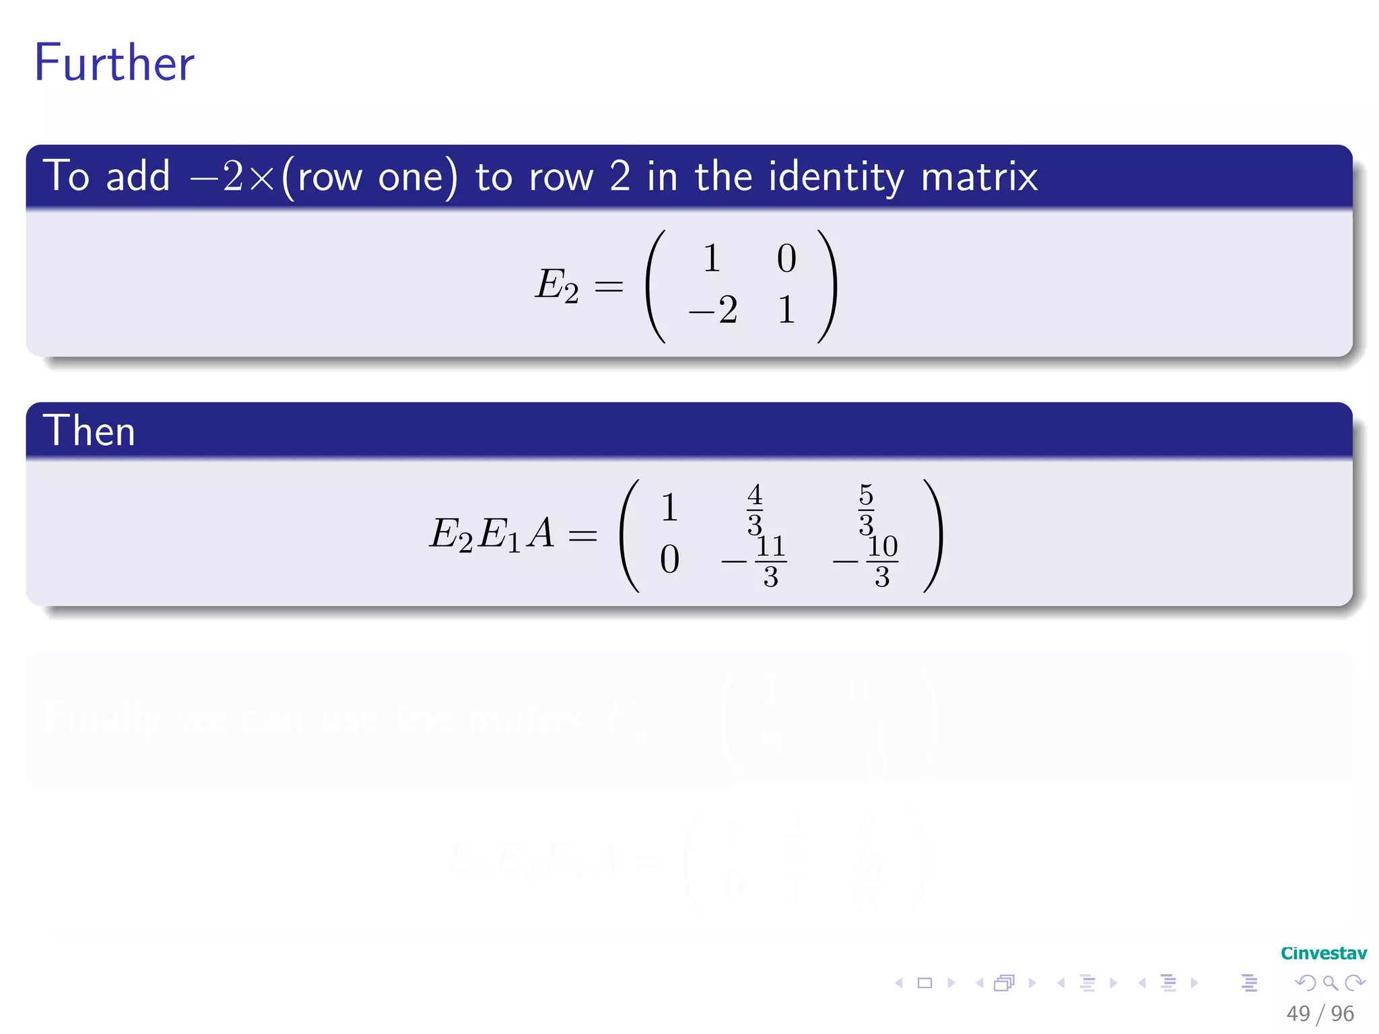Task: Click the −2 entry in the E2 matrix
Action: pos(713,310)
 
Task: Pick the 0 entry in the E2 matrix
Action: pos(786,258)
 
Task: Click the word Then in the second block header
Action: pos(89,431)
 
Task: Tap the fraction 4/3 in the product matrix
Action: pos(755,509)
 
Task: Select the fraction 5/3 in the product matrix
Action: pos(866,509)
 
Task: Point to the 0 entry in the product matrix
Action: pos(669,559)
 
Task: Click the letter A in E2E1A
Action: pos(541,534)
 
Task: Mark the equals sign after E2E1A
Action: pos(582,537)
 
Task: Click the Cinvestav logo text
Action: pos(1323,953)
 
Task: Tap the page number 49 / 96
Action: pos(1320,1013)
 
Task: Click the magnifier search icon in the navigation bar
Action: pos(1330,983)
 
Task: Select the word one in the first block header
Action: pos(411,177)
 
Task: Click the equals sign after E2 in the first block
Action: pos(609,287)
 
